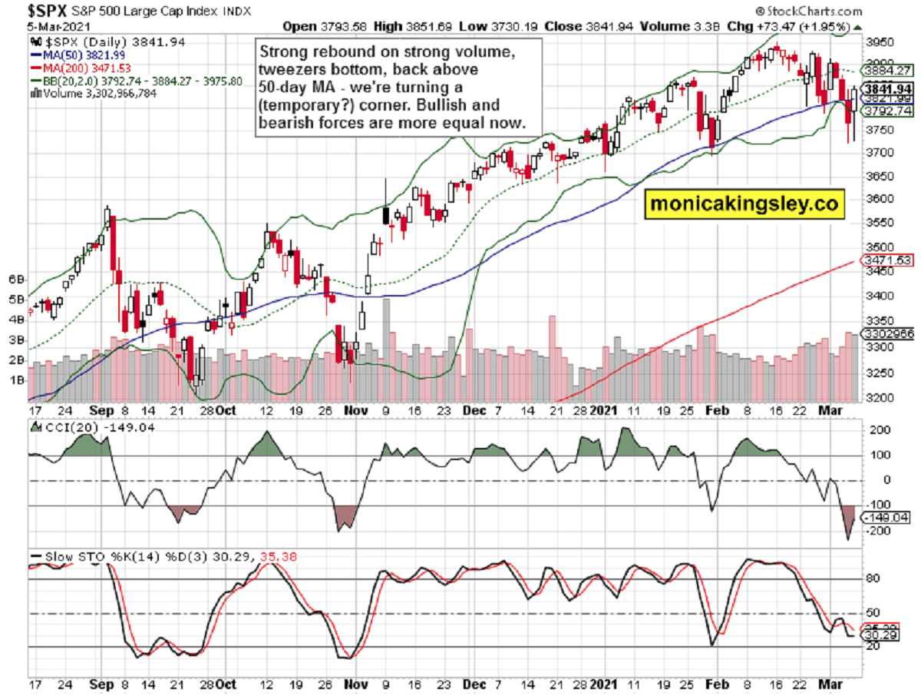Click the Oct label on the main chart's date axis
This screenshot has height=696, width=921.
click(225, 411)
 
